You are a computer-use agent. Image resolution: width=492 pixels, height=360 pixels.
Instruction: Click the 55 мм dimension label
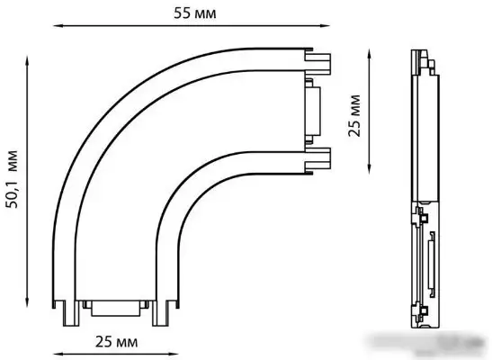click(x=195, y=14)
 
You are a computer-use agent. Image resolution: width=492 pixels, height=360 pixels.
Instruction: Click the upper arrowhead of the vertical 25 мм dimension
click(x=369, y=54)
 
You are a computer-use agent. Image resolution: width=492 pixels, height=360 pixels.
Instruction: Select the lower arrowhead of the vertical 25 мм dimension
click(x=369, y=168)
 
